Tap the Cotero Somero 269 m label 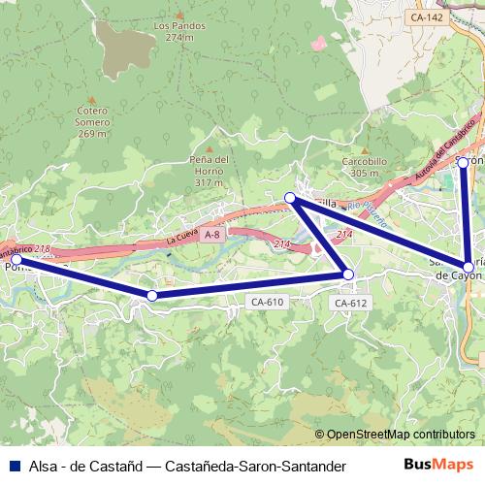click(x=92, y=122)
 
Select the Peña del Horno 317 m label click(x=209, y=171)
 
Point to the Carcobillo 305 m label click(x=365, y=167)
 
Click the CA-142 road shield click(x=426, y=17)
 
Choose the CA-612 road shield click(x=350, y=303)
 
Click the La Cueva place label click(x=181, y=237)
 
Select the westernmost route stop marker click(x=16, y=260)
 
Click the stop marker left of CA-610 click(x=151, y=295)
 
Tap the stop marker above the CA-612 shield click(x=348, y=275)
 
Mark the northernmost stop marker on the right click(x=464, y=162)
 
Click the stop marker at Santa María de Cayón click(x=469, y=267)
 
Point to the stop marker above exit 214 click(x=289, y=198)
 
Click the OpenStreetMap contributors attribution click(x=395, y=434)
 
